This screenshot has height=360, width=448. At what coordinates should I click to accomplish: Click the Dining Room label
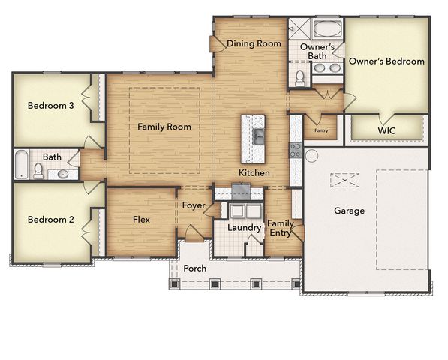pos(254,43)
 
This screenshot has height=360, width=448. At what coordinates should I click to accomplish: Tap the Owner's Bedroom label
pos(386,61)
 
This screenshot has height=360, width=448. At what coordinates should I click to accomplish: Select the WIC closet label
pos(386,130)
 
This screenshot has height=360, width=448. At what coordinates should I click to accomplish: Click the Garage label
pos(349,211)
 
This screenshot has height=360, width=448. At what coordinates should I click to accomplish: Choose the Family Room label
pos(164,127)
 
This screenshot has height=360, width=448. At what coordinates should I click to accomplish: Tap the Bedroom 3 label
pos(50,106)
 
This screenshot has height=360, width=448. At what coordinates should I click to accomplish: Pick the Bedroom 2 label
pos(50,220)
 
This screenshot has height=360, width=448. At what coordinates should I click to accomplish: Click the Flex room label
pos(141,220)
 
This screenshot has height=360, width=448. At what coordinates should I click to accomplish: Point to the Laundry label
pos(243,227)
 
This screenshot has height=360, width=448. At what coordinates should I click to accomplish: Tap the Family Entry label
pos(281,228)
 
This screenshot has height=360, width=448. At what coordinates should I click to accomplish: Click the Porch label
pos(194,268)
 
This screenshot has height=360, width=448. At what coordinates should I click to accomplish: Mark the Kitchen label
pos(254,173)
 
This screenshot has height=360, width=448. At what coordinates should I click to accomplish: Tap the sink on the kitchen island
pos(257,136)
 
